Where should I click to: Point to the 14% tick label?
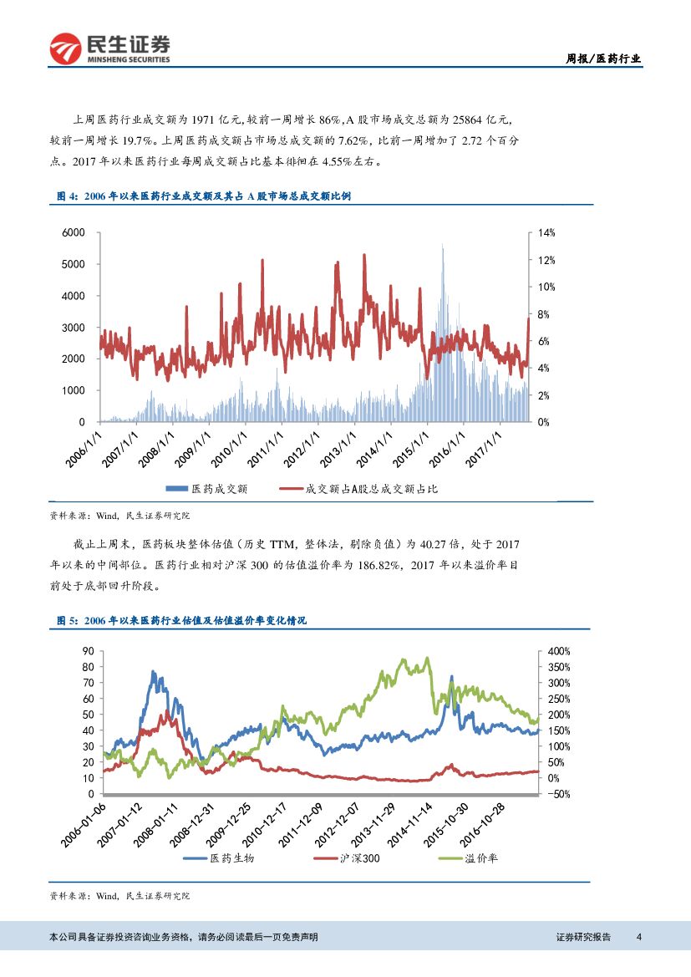pyautogui.click(x=546, y=232)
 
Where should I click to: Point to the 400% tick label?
pyautogui.click(x=559, y=651)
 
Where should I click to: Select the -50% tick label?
pyautogui.click(x=559, y=794)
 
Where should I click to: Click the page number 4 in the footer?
pyautogui.click(x=639, y=937)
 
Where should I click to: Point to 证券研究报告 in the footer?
pyautogui.click(x=583, y=937)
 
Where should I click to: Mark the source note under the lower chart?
pyautogui.click(x=120, y=896)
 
